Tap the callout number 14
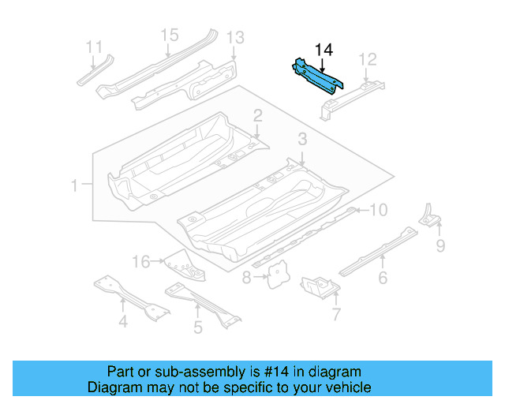coord(324,50)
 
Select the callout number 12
coord(368,58)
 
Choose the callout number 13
coord(235,37)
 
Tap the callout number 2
coord(257,116)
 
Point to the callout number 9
coord(440,246)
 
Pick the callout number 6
coord(383,277)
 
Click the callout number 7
coord(336,316)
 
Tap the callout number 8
coord(247,277)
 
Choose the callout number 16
coord(140,261)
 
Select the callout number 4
coord(123,321)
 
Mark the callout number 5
coord(198,326)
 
